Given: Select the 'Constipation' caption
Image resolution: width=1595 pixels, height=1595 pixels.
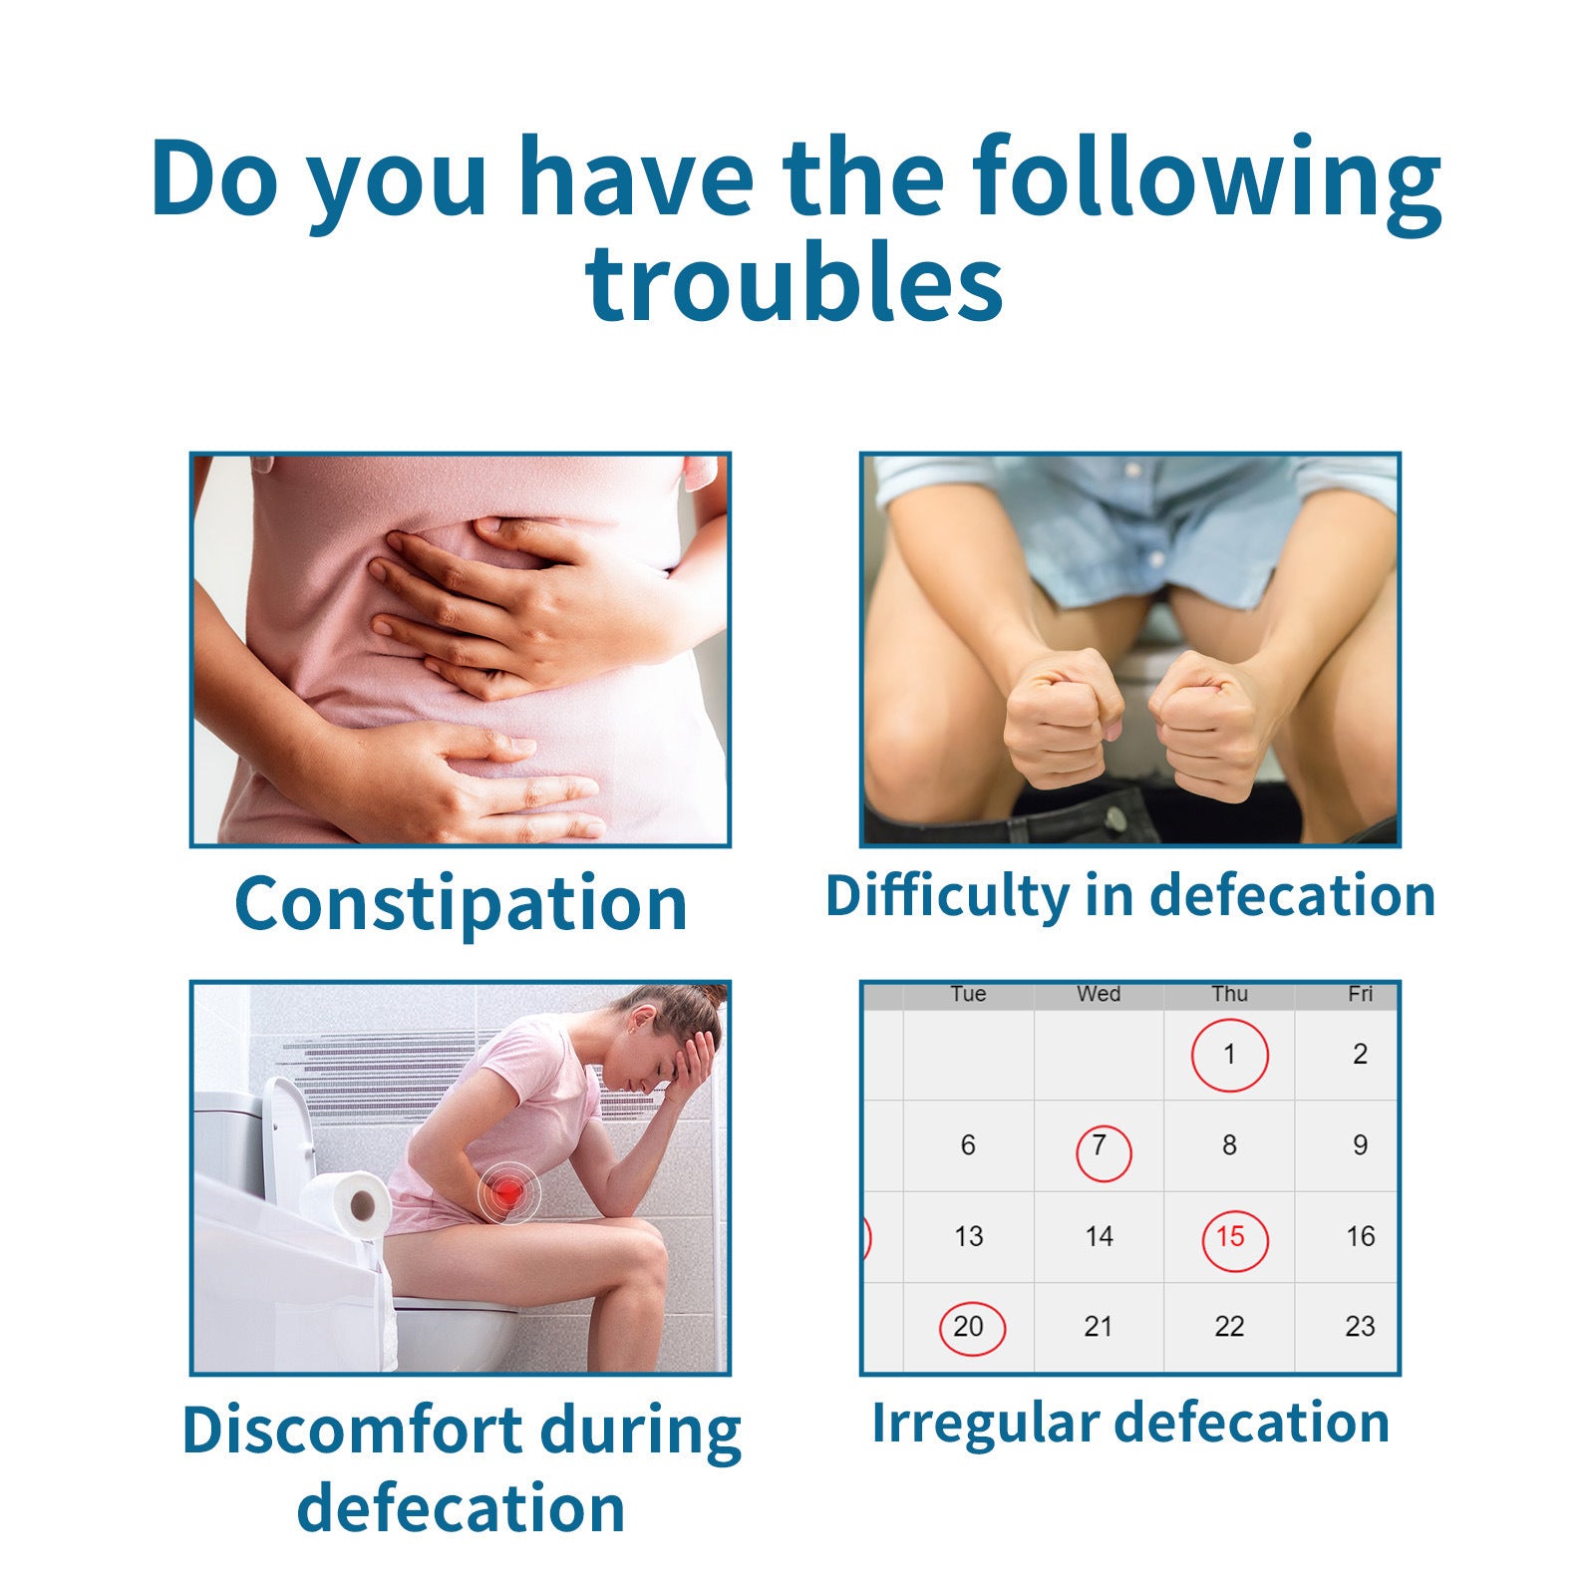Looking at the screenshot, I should pos(461,903).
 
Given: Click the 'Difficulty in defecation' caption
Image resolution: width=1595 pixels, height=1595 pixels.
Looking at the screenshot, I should pos(1129,895).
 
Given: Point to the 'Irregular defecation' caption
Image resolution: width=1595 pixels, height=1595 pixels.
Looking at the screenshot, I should pos(1130,1422).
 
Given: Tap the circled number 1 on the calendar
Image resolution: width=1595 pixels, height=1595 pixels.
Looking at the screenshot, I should pos(1229,1055).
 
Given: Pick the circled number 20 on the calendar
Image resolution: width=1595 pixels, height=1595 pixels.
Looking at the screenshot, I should pos(969,1327).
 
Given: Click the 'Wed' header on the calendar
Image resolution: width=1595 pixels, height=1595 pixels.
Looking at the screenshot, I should pos(1099,994).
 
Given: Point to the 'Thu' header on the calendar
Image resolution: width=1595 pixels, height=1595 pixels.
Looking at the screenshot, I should pos(1229,994).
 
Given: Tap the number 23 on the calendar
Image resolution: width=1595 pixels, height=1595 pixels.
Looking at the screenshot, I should pos(1360,1327).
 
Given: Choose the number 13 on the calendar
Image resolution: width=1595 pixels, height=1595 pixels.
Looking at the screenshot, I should pos(969,1237).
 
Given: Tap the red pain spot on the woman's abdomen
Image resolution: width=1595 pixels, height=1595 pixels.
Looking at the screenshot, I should pos(507,1190).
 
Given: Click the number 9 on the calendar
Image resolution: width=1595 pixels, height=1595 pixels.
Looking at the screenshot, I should pos(1360,1145).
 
